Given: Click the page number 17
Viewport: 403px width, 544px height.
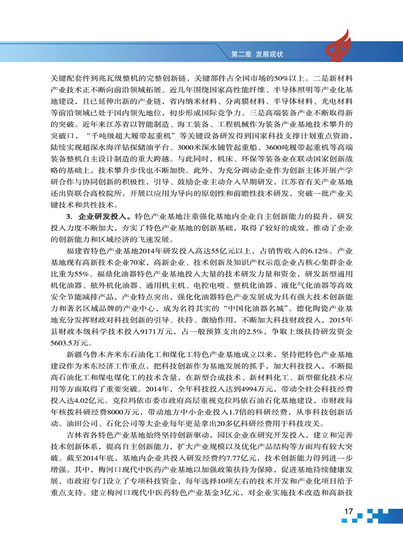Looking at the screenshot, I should point(348,512).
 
